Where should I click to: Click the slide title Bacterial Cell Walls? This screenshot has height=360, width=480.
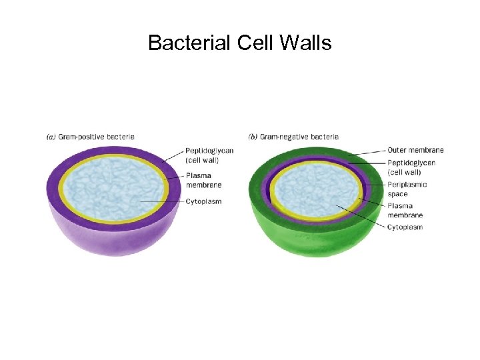[x=239, y=43]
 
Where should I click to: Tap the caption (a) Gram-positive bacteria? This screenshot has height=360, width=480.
[x=90, y=137]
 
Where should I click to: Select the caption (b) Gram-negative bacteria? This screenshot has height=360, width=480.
[x=293, y=137]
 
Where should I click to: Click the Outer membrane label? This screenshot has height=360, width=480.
[x=415, y=150]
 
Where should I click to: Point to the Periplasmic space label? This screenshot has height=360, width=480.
[x=407, y=189]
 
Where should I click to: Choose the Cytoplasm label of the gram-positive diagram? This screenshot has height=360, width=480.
[x=203, y=201]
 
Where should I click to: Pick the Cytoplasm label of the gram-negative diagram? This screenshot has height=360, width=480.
[x=405, y=227]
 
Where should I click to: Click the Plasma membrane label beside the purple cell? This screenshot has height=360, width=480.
[x=203, y=180]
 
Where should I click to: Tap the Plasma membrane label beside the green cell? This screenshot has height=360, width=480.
[x=405, y=211]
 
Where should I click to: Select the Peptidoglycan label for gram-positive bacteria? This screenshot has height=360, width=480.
[x=209, y=155]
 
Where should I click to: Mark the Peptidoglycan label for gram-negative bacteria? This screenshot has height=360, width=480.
[x=411, y=167]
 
